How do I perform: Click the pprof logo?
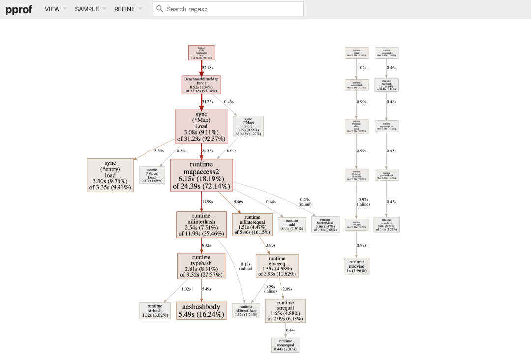pos(19,9)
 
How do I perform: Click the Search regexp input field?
pos(229,9)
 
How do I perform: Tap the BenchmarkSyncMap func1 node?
pos(201,85)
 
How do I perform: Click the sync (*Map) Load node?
pos(201,126)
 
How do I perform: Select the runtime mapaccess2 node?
pos(201,176)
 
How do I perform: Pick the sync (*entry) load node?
pos(110,175)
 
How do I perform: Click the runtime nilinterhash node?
pos(201,225)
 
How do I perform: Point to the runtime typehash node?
pos(201,266)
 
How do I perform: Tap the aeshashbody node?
pos(201,310)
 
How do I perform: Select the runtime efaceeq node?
pos(277,266)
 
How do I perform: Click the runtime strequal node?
pos(285,311)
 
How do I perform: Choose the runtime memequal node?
pos(285,345)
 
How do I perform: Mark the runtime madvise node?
pos(356,265)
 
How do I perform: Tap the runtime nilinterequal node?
pos(252,225)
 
